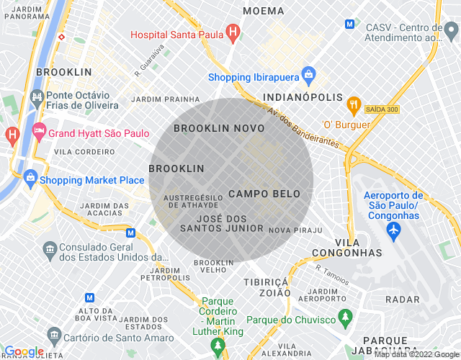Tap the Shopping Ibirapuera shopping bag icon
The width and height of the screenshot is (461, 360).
[308, 73]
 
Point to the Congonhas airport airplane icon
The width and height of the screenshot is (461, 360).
[393, 230]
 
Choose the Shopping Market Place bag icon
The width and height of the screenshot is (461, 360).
[30, 176]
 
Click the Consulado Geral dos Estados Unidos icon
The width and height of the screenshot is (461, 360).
[50, 250]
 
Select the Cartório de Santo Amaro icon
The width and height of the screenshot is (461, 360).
[54, 335]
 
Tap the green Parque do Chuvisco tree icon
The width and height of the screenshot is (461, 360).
[346, 316]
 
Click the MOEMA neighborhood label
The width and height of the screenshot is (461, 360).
[263, 11]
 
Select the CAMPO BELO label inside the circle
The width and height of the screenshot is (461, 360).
[264, 194]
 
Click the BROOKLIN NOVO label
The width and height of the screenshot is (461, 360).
[219, 127]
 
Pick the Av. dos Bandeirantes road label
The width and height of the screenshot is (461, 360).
[303, 128]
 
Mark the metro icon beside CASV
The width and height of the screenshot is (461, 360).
[350, 23]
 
